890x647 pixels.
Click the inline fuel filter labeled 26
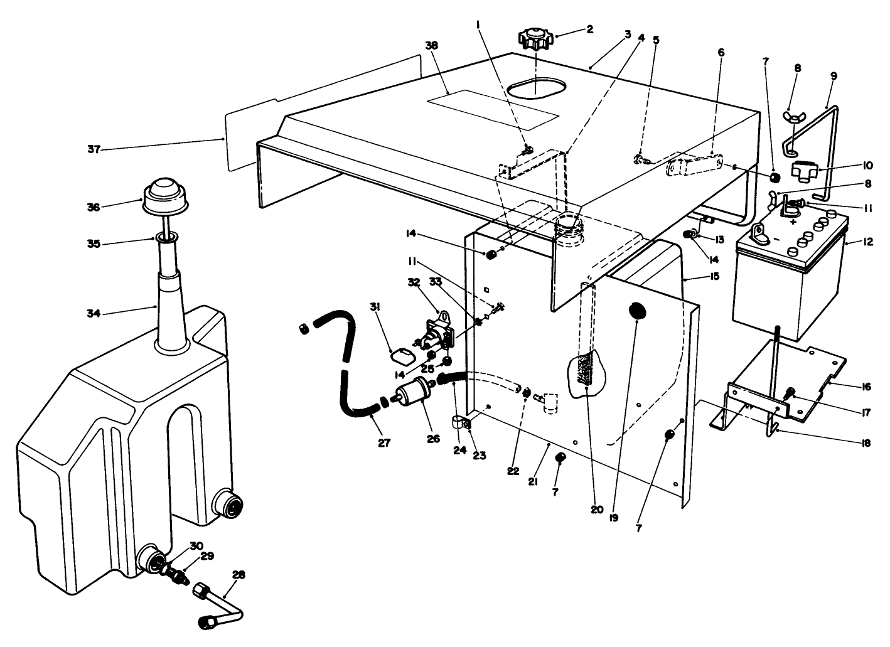pos(415,393)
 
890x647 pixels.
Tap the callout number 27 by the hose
pos(384,443)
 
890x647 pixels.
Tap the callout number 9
pos(834,76)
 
